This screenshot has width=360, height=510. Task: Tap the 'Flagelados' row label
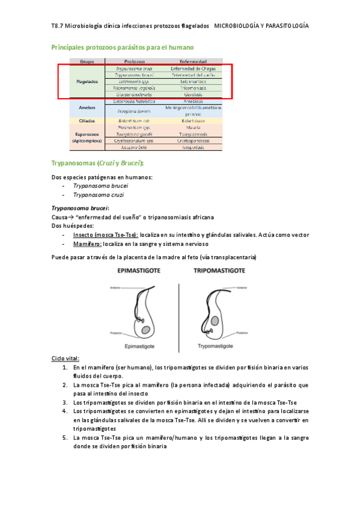(87, 81)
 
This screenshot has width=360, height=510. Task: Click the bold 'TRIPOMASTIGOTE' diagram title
(219, 271)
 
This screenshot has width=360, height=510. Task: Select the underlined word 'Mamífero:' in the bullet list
(87, 245)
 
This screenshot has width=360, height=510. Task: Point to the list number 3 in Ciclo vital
(65, 402)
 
